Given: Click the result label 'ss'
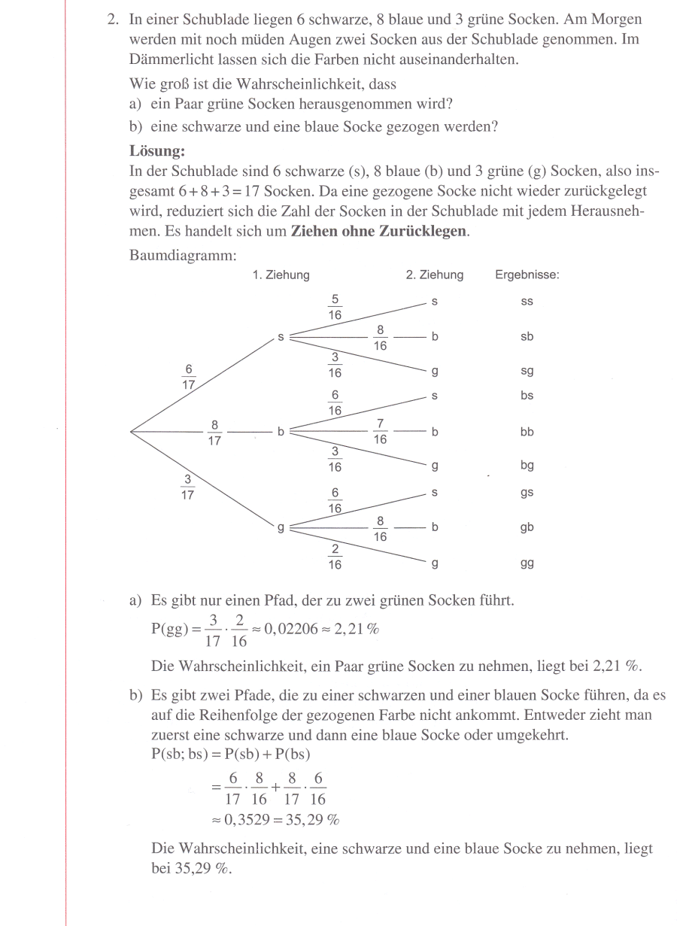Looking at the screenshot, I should click(527, 302).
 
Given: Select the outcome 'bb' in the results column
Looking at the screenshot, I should click(527, 433).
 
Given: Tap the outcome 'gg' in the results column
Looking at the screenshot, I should click(527, 563).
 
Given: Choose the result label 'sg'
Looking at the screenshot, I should click(527, 372).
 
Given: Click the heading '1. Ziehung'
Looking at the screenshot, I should click(281, 275).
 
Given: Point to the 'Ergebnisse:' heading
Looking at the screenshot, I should click(527, 275).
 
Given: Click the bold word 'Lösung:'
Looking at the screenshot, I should click(157, 150).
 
